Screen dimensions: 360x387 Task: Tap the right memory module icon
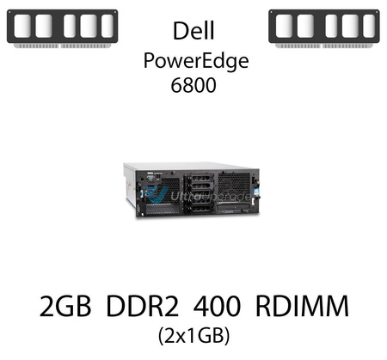click(324, 27)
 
